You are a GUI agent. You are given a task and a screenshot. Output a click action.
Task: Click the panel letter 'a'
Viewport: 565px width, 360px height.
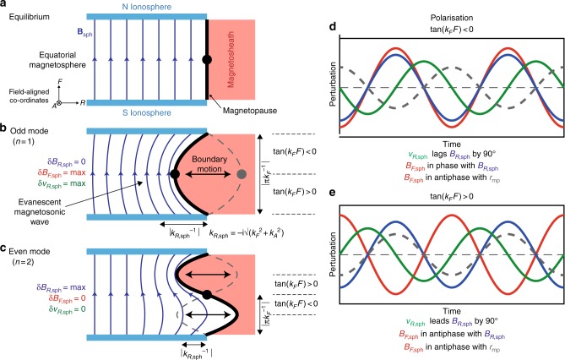click(5, 6)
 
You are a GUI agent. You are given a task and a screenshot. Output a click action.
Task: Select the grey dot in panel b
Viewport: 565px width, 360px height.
click(242, 174)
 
